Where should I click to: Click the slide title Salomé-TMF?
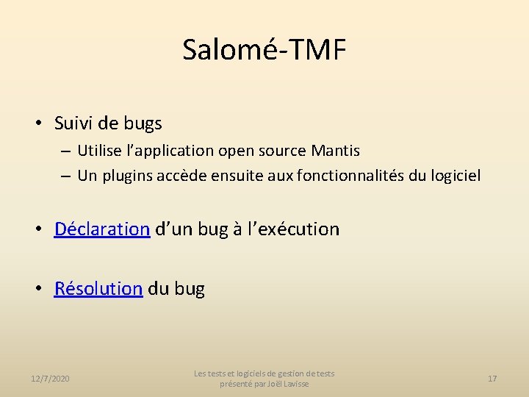coord(264,50)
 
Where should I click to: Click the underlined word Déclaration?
coord(102,229)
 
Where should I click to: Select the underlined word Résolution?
coord(98,288)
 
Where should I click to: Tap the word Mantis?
coord(336,151)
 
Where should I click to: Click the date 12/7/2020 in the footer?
coord(51,378)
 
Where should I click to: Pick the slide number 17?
coord(492,378)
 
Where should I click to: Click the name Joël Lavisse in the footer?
coord(289,384)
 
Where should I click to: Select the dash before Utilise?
coord(66,151)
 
